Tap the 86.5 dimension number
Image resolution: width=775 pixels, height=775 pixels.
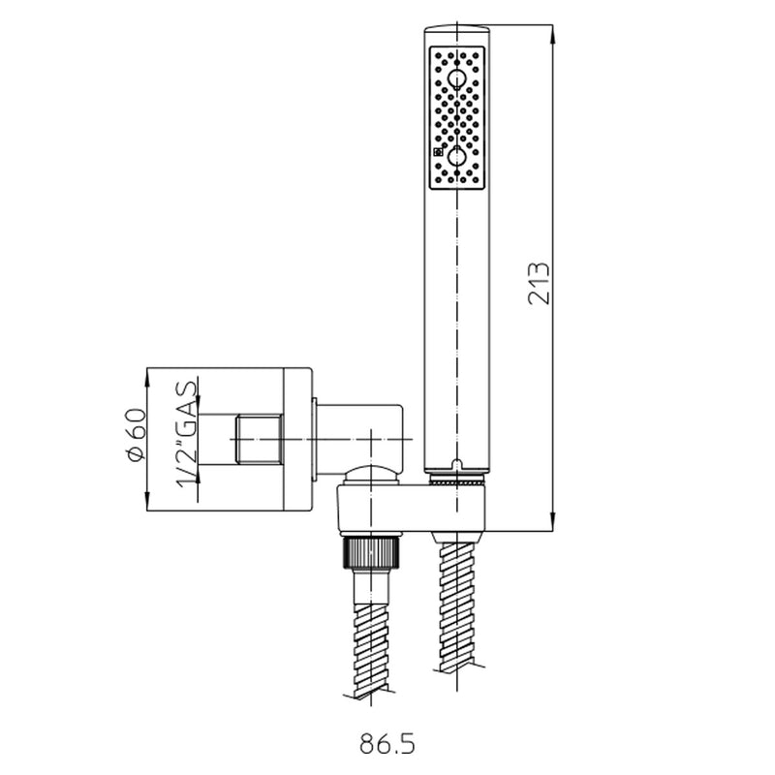pos(387,744)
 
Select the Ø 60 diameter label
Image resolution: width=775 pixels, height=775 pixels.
pos(136,437)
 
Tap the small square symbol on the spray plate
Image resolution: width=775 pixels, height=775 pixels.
pos(438,151)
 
